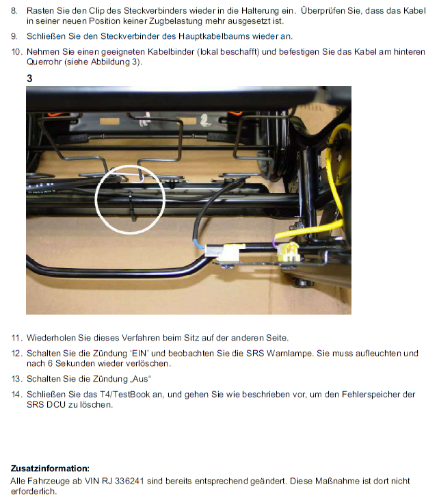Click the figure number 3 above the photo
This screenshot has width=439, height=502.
(x=29, y=79)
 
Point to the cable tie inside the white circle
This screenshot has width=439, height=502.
(x=133, y=207)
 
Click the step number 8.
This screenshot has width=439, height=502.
(x=14, y=11)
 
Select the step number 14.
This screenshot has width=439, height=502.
(x=16, y=395)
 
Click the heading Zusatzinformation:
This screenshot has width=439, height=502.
(x=51, y=468)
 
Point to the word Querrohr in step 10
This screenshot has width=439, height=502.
(x=44, y=62)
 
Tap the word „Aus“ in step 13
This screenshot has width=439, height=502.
(x=141, y=379)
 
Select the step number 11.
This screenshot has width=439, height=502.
(x=16, y=338)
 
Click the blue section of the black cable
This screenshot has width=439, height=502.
(x=198, y=244)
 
